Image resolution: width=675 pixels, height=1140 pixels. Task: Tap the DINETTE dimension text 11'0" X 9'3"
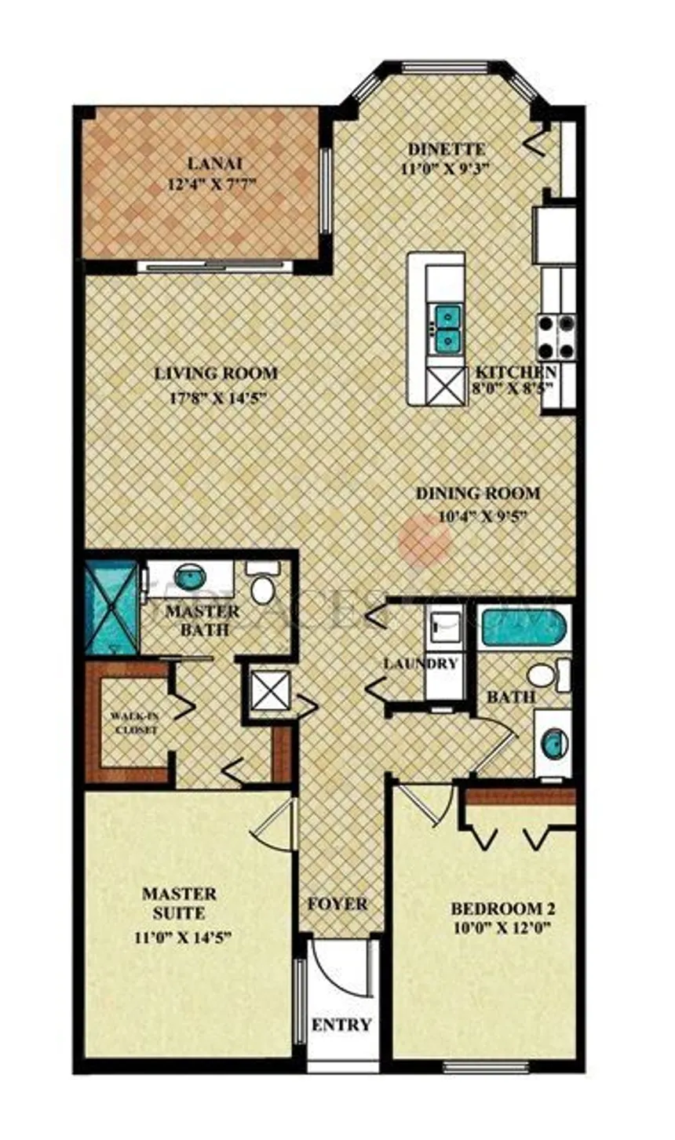(446, 167)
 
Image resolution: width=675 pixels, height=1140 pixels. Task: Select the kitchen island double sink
(447, 327)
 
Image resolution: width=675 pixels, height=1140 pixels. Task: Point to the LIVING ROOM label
(216, 373)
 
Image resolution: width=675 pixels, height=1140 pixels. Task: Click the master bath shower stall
(111, 606)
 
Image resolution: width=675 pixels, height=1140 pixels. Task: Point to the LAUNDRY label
(420, 663)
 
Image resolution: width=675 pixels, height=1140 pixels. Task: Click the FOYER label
(337, 904)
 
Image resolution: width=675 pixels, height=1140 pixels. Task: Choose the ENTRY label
(341, 1025)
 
